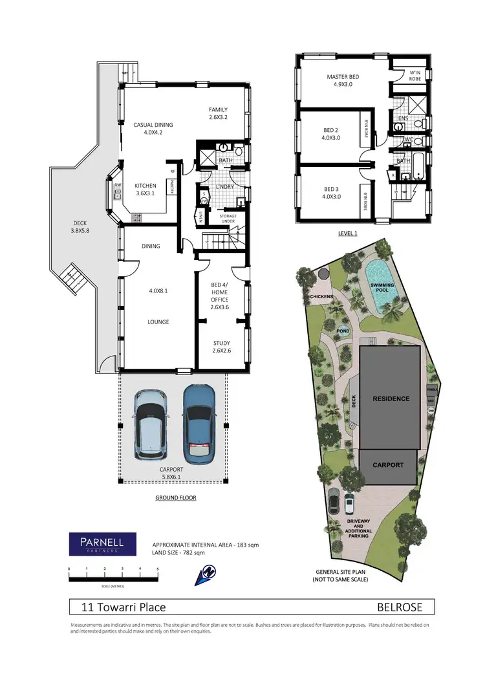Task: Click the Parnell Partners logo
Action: click(102, 544)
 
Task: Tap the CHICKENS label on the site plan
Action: click(321, 297)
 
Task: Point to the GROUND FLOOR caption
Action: click(175, 498)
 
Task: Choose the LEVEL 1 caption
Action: click(347, 233)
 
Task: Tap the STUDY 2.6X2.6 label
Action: click(222, 347)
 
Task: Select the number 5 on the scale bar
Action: click(158, 569)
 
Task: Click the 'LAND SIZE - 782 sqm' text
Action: click(178, 552)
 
